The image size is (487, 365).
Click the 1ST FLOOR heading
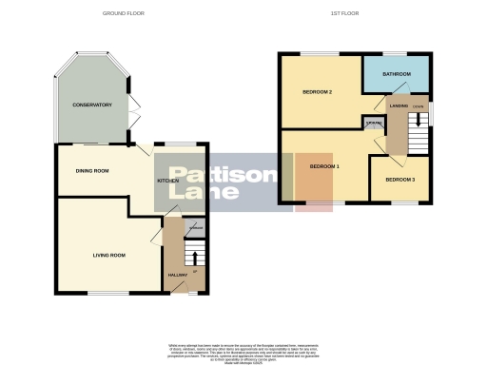pyautogui.click(x=343, y=13)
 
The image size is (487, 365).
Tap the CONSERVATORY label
pyautogui.click(x=92, y=105)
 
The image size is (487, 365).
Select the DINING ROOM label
pyautogui.click(x=92, y=170)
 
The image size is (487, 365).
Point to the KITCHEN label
pyautogui.click(x=168, y=180)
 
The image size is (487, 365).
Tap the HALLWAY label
pyautogui.click(x=177, y=275)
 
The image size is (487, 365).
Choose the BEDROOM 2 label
pyautogui.click(x=317, y=92)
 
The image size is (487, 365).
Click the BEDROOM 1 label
pyautogui.click(x=324, y=166)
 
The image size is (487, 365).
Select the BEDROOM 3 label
pyautogui.click(x=400, y=179)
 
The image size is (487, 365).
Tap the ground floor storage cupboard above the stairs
pyautogui.click(x=195, y=228)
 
